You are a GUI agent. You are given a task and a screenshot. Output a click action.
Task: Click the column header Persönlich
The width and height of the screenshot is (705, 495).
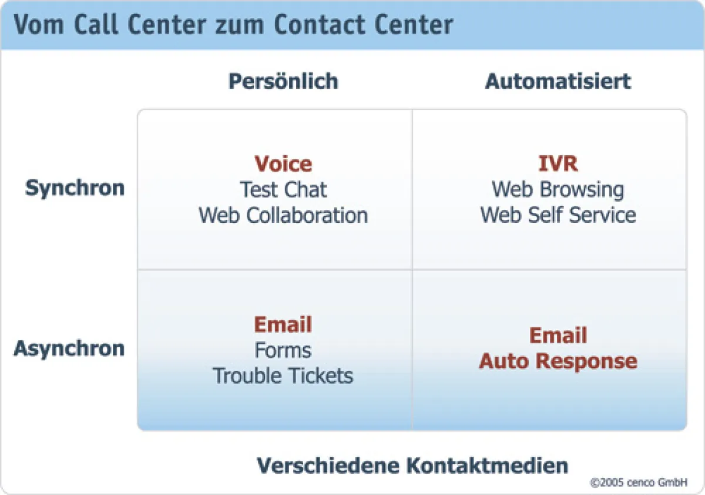283,81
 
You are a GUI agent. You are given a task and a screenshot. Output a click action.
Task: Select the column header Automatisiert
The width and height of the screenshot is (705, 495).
558,81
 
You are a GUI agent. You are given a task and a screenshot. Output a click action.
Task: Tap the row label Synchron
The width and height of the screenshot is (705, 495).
75,189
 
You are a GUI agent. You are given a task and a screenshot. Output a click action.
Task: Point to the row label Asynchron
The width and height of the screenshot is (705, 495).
69,348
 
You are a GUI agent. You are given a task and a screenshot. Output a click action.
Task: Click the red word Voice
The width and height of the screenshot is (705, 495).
283,164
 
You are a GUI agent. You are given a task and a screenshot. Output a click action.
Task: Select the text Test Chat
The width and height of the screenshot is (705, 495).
283,190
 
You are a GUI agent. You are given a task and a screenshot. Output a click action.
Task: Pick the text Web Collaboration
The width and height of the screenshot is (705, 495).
283,215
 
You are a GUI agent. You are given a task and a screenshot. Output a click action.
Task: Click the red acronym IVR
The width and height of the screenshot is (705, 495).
558,164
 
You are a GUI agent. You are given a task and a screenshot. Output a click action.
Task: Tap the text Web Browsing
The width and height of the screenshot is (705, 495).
558,190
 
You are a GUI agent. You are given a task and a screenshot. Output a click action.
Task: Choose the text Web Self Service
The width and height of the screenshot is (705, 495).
558,215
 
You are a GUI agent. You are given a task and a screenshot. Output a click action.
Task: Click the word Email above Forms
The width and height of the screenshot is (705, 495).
283,325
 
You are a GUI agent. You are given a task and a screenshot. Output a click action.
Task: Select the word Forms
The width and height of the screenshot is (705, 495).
283,350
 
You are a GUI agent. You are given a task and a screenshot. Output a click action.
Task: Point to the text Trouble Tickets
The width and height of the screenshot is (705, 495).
283,376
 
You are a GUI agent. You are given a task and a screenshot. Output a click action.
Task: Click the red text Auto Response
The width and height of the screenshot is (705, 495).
558,361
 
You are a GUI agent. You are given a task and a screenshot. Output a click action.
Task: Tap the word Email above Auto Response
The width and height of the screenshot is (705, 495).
558,336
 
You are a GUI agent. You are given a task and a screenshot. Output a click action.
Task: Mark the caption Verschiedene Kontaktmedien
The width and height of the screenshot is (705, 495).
412,466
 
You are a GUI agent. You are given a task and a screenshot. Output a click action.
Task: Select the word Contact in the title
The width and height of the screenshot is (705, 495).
317,25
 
